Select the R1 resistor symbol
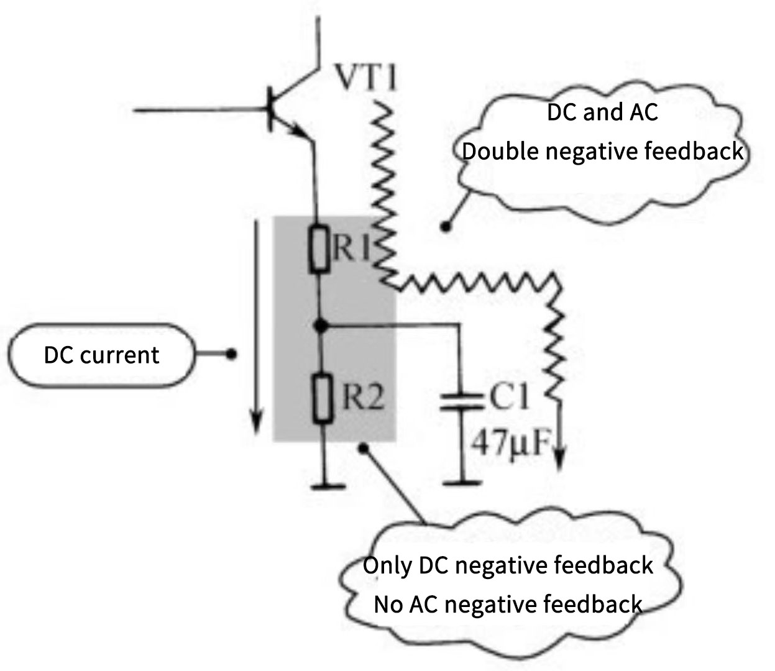(x=319, y=250)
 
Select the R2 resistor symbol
(x=319, y=398)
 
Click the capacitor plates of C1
(x=461, y=403)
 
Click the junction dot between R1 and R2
(x=319, y=325)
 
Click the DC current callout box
(x=101, y=355)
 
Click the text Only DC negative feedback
(x=507, y=566)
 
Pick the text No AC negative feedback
(x=507, y=604)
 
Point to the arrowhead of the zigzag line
(x=559, y=457)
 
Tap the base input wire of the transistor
(x=199, y=111)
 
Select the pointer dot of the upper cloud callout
(x=445, y=227)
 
